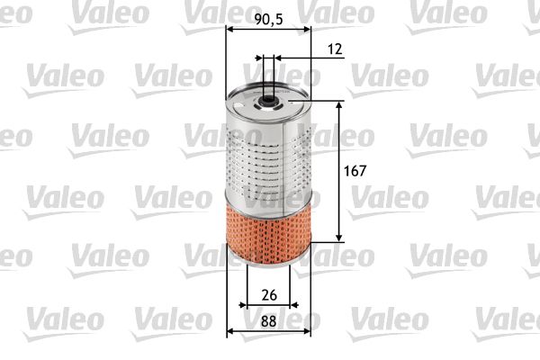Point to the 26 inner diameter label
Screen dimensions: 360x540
tap(267, 295)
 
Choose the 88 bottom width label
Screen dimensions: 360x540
tap(267, 319)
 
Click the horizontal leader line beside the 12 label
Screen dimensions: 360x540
tap(297, 58)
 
